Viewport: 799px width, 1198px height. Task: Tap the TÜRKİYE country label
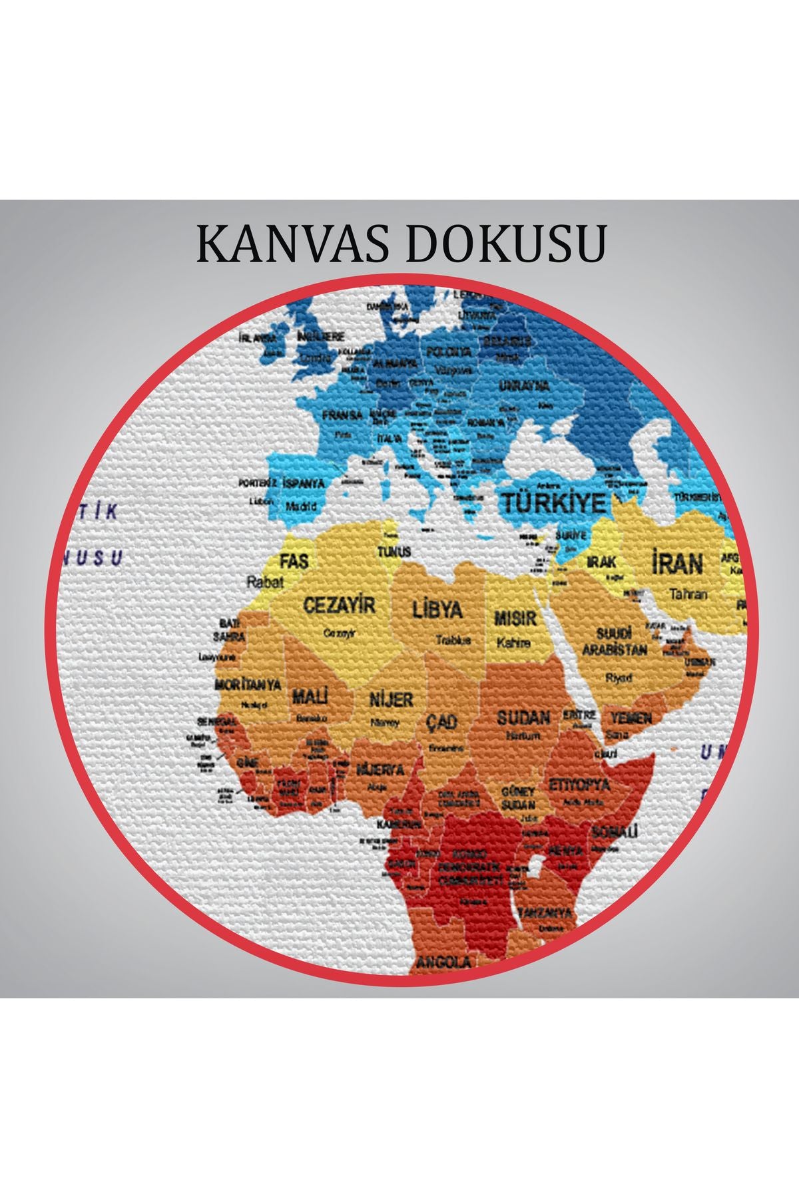pos(554,502)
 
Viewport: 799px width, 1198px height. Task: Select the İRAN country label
pos(676,564)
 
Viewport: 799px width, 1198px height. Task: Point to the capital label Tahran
pos(688,594)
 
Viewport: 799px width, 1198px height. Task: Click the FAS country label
pos(294,561)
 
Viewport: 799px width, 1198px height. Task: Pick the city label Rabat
pos(265,582)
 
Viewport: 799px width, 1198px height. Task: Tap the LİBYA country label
pos(437,609)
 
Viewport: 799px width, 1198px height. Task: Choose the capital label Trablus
pos(453,640)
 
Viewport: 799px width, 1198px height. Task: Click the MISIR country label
pos(515,618)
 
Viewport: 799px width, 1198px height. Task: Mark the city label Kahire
pos(513,643)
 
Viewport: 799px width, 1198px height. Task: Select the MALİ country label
pos(310,698)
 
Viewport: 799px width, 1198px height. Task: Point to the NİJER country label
pos(392,699)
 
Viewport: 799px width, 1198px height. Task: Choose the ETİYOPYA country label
pos(579,784)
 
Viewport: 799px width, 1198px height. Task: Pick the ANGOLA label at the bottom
pos(443,962)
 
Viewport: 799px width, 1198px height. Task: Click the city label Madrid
pos(301,506)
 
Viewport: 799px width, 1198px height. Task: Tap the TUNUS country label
pos(394,551)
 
